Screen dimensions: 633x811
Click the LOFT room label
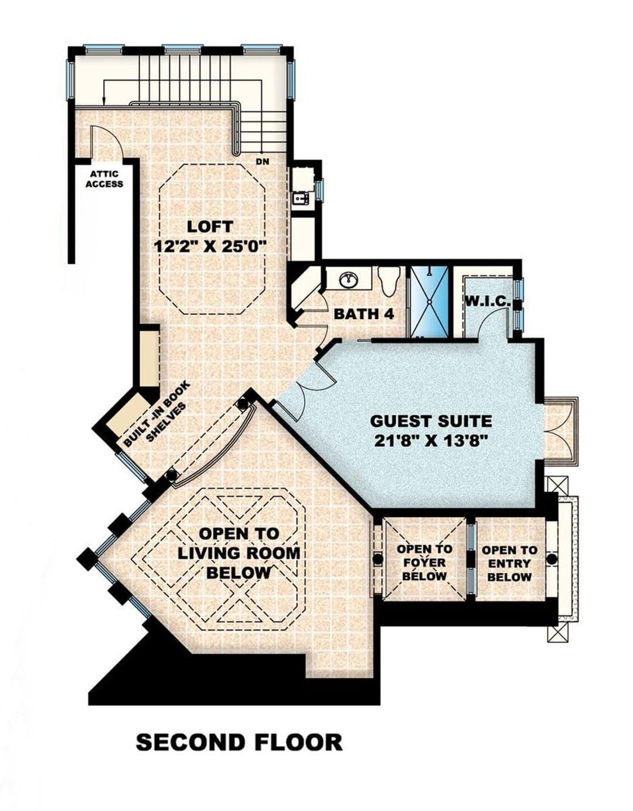click(210, 226)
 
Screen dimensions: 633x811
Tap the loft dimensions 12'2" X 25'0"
click(211, 247)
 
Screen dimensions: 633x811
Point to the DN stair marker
click(263, 161)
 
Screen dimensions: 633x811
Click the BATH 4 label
click(364, 314)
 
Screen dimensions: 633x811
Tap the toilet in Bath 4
click(389, 281)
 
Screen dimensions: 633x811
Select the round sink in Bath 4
click(349, 278)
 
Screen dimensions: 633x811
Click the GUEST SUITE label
click(431, 422)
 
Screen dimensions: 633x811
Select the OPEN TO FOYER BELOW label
click(424, 562)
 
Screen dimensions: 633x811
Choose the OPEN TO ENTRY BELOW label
click(509, 563)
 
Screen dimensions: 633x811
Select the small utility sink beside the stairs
click(301, 198)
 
